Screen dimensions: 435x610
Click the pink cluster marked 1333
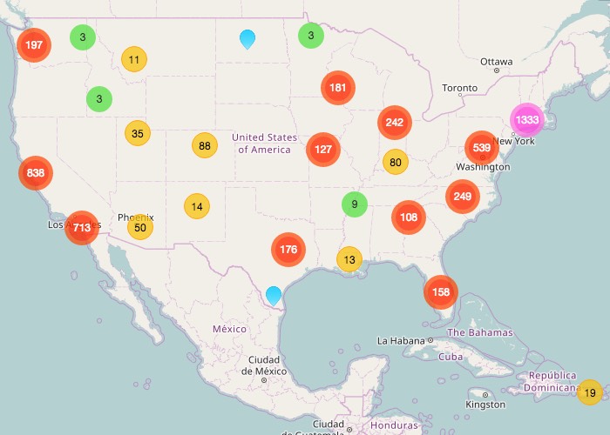point(526,120)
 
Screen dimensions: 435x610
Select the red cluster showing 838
point(36,173)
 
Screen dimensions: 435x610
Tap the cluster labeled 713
point(82,228)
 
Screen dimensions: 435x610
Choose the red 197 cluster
point(34,44)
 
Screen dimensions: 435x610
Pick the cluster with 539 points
point(482,148)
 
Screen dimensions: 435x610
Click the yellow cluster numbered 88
point(205,146)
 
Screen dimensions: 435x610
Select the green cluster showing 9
point(354,205)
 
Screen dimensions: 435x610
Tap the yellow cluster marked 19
point(590,393)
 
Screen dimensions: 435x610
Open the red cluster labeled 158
point(441,291)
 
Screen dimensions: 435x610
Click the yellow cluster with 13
point(349,259)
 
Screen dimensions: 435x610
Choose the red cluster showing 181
point(338,88)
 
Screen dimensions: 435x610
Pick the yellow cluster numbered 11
point(133,60)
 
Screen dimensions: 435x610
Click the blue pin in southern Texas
point(274,295)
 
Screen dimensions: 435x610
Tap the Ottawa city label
point(496,62)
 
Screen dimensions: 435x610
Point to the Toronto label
point(459,88)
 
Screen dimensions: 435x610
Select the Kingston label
point(485,405)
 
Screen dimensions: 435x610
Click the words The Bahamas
point(479,333)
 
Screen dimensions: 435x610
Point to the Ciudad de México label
point(263,365)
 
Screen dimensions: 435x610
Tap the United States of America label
point(264,144)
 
